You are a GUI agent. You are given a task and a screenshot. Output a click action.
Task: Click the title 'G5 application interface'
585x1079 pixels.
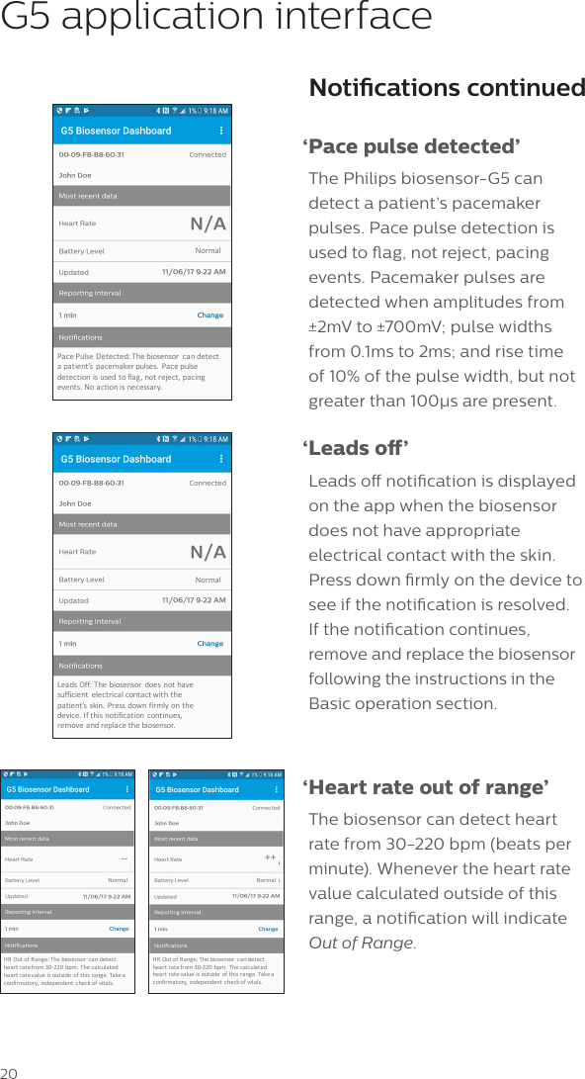216,17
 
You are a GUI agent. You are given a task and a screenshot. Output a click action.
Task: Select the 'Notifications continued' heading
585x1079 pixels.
447,88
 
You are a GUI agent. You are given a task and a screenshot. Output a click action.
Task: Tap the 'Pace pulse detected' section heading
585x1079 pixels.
413,147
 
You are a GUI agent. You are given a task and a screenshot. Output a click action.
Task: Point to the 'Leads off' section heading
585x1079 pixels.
357,449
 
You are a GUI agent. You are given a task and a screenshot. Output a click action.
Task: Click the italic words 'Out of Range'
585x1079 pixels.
361,943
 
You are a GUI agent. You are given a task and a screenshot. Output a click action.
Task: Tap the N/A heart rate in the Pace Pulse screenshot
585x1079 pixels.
208,224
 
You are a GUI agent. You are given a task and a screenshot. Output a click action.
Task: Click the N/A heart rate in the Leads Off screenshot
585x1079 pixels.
208,552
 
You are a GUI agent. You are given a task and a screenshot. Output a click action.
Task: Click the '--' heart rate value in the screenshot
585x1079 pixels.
125,858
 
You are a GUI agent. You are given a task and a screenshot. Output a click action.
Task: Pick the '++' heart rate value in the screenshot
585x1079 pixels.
270,858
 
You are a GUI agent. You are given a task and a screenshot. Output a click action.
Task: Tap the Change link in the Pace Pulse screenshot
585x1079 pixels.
209,315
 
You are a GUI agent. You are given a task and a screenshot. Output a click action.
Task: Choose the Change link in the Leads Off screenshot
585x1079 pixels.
209,644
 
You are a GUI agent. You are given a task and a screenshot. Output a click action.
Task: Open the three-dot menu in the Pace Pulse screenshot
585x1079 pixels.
220,131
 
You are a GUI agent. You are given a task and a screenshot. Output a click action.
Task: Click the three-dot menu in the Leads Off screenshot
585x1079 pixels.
220,459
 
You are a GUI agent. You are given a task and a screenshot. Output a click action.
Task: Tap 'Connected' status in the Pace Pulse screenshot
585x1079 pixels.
208,155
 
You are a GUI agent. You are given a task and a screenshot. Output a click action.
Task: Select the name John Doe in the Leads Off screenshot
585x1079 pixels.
75,503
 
